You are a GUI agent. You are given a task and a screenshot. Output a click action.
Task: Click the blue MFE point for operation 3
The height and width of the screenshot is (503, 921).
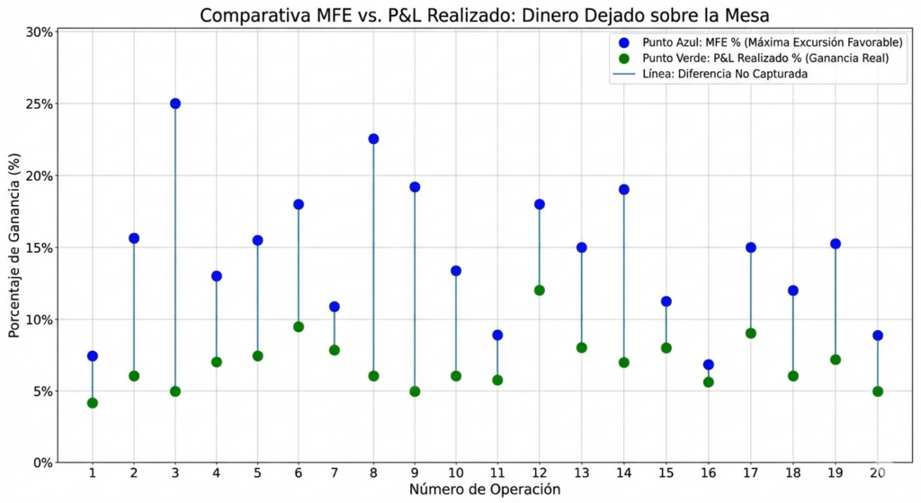click(175, 103)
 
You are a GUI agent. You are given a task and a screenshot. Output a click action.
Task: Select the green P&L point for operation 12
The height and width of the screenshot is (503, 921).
click(540, 291)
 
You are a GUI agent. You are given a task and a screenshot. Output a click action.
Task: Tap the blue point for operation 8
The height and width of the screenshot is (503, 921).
click(373, 139)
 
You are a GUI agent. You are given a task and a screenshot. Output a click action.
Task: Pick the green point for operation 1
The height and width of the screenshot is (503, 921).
click(93, 403)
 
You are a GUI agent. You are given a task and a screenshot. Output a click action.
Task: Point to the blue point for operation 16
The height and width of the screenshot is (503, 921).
click(709, 365)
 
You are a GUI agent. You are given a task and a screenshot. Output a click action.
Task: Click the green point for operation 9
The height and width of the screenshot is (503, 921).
click(415, 391)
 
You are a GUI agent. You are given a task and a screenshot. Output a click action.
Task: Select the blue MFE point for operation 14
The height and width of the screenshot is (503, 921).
click(623, 190)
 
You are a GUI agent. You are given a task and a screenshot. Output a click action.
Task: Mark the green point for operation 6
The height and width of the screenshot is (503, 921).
click(299, 327)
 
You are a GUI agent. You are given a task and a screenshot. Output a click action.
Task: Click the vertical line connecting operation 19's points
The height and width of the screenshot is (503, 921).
click(836, 301)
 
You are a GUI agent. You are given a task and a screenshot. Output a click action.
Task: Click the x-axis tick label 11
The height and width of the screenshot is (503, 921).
click(497, 474)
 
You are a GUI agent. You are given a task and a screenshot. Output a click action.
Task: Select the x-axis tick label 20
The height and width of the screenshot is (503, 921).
click(877, 474)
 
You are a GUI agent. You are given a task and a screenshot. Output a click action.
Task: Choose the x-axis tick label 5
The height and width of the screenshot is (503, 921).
click(257, 474)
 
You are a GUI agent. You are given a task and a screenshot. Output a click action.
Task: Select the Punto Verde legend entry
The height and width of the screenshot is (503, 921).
click(765, 58)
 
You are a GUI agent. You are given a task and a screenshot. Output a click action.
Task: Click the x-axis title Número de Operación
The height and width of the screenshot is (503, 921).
click(485, 490)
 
